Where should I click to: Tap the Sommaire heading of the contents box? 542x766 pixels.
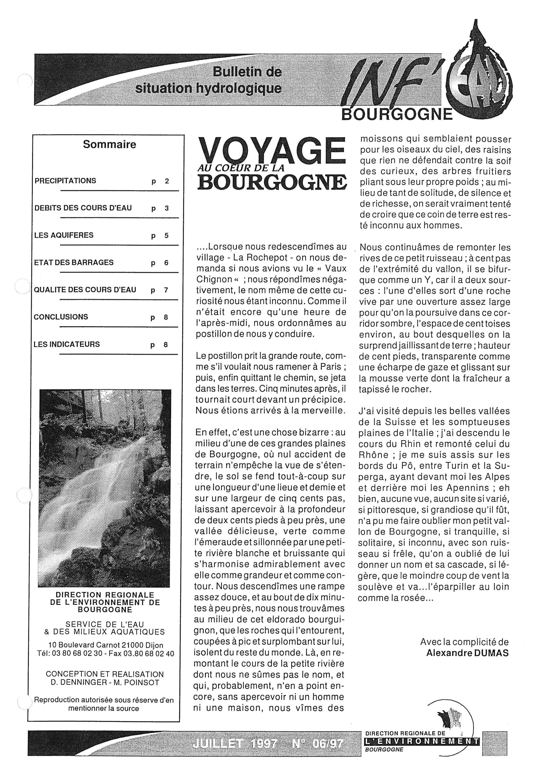(109, 144)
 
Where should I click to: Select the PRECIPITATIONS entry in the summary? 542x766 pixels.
(65, 181)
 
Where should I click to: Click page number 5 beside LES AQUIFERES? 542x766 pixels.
(166, 235)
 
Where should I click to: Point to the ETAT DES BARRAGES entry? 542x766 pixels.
(74, 263)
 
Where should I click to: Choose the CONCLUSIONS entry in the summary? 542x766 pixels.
(61, 317)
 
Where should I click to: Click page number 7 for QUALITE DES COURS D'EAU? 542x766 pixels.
(166, 290)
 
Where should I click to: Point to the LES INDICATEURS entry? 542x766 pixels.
(67, 344)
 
